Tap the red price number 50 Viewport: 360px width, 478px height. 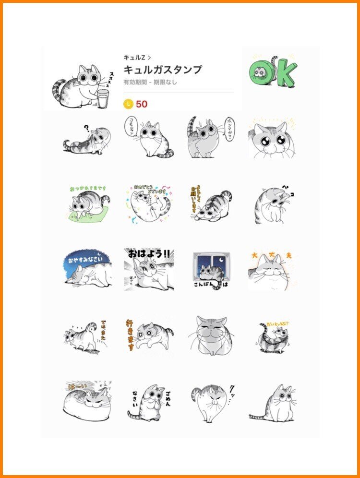[142, 104]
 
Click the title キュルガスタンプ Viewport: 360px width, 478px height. [163, 70]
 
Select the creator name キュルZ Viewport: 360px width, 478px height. [134, 58]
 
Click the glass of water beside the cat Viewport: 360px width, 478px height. [103, 98]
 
